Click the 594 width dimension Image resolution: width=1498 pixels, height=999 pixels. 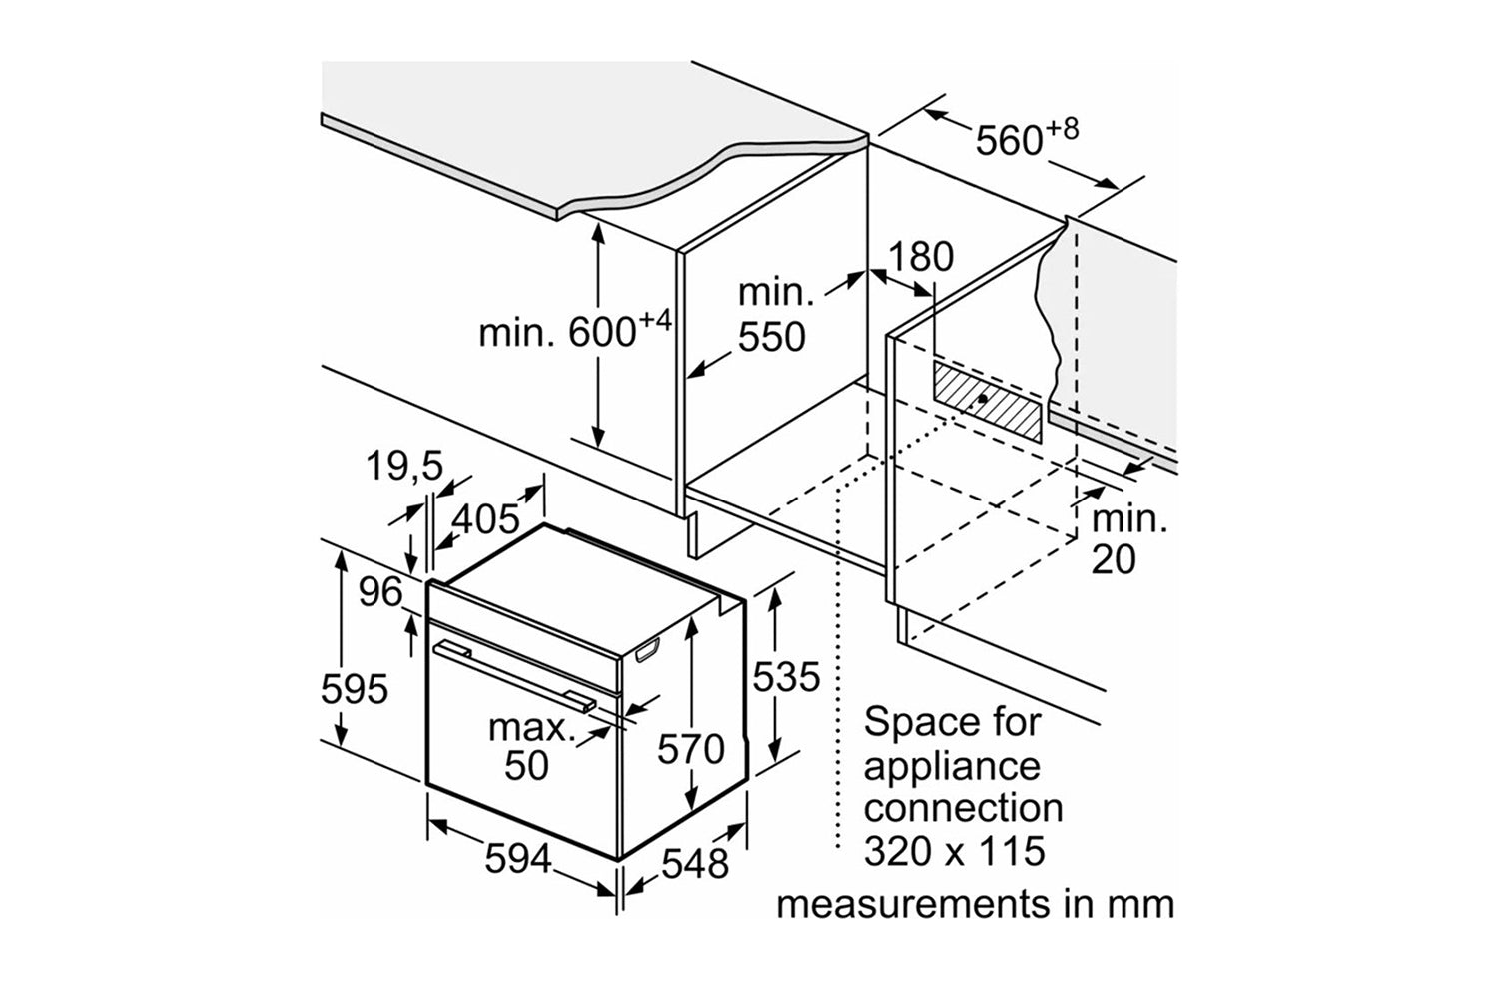(517, 858)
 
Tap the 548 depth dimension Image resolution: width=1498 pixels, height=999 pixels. (695, 863)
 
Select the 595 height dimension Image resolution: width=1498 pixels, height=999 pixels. (354, 688)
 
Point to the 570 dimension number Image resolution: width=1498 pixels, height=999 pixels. (690, 748)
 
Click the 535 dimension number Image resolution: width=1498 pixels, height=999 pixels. (785, 677)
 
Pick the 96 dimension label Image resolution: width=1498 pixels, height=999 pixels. (379, 592)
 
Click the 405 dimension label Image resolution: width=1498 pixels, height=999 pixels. (486, 518)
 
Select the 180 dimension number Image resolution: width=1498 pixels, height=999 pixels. (920, 257)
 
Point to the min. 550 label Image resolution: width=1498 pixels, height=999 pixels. (772, 315)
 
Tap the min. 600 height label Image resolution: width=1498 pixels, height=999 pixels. (574, 330)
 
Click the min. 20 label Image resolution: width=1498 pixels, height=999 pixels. (1127, 539)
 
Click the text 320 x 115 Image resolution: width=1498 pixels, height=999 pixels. (954, 851)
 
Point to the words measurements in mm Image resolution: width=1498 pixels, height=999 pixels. (975, 904)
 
